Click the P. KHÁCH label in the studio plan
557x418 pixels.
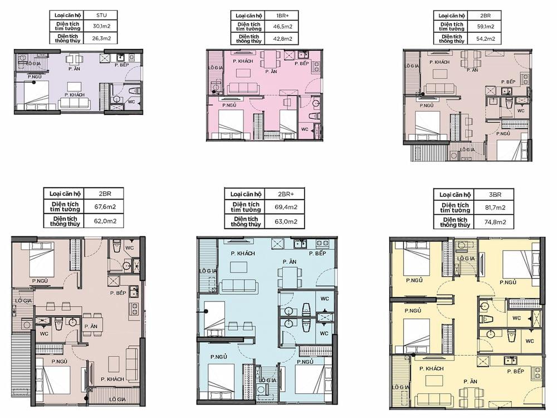74,95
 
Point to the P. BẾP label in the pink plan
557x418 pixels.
301,64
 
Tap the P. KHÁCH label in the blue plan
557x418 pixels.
243,254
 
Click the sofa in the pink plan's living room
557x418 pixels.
242,88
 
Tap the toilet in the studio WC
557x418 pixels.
134,91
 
